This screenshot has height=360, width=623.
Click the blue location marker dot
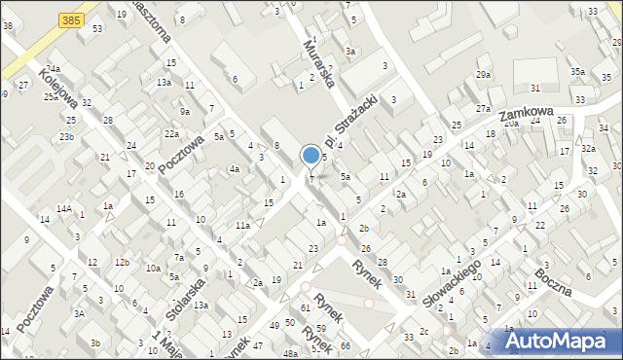pyautogui.click(x=311, y=155)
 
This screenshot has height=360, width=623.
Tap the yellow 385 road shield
pyautogui.click(x=69, y=18)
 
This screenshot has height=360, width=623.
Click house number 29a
pyautogui.click(x=484, y=75)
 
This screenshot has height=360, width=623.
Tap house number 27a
pyautogui.click(x=483, y=109)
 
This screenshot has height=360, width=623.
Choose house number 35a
pyautogui.click(x=578, y=72)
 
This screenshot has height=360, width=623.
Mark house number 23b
pyautogui.click(x=65, y=137)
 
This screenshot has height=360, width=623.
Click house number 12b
pyautogui.click(x=121, y=263)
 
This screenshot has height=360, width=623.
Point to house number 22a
pyautogui.click(x=171, y=133)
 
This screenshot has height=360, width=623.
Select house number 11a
pyautogui.click(x=242, y=226)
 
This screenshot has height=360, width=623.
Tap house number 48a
pyautogui.click(x=291, y=354)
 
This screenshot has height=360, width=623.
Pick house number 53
pyautogui.click(x=97, y=29)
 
